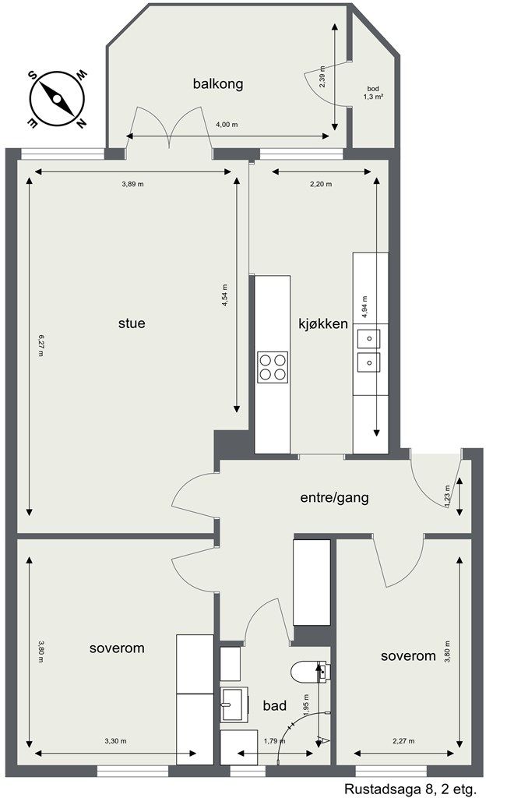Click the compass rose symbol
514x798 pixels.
pyautogui.click(x=57, y=99)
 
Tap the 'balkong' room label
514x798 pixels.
pyautogui.click(x=218, y=83)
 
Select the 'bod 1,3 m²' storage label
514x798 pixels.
pyautogui.click(x=375, y=94)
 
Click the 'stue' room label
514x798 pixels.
pyautogui.click(x=132, y=323)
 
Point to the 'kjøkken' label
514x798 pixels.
pyautogui.click(x=322, y=323)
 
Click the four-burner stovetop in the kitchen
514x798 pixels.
pyautogui.click(x=273, y=367)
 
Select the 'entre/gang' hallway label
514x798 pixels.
pyautogui.click(x=334, y=497)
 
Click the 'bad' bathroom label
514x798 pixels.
pyautogui.click(x=274, y=706)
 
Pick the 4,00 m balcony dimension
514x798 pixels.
pyautogui.click(x=226, y=125)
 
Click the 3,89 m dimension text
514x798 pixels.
pyautogui.click(x=133, y=185)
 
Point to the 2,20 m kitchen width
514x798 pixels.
pyautogui.click(x=321, y=185)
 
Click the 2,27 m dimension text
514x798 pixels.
pyautogui.click(x=403, y=740)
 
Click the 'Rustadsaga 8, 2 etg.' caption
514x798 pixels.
pyautogui.click(x=410, y=789)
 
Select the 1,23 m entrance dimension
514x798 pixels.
pyautogui.click(x=448, y=497)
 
